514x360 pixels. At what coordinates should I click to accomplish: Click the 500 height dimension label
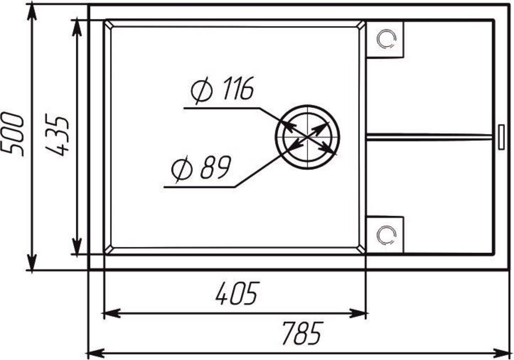(12, 134)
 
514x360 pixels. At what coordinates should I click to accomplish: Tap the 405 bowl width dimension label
(237, 293)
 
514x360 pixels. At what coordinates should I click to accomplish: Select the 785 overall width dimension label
(302, 333)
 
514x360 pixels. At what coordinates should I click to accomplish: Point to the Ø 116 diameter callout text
(222, 90)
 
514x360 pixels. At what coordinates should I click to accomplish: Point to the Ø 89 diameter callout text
(201, 169)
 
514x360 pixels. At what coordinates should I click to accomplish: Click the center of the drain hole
(307, 137)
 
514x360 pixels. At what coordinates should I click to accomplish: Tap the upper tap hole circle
(386, 39)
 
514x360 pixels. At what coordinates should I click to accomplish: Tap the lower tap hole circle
(386, 235)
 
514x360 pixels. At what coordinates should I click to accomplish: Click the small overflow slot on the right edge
(502, 137)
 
